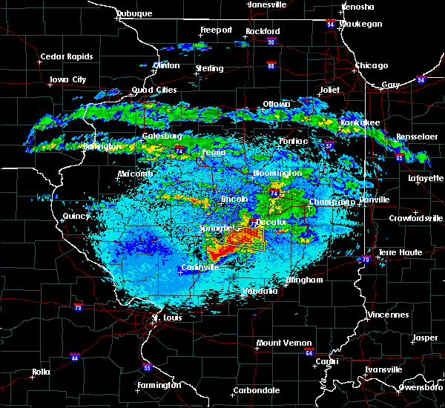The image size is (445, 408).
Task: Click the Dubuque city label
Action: point(133,14)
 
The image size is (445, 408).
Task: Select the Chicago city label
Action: point(371,65)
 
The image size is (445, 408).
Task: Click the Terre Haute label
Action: point(400,253)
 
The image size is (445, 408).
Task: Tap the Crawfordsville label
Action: point(416,218)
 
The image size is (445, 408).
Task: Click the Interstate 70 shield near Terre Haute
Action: point(366,259)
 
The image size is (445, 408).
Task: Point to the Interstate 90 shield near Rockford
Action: point(270,42)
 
